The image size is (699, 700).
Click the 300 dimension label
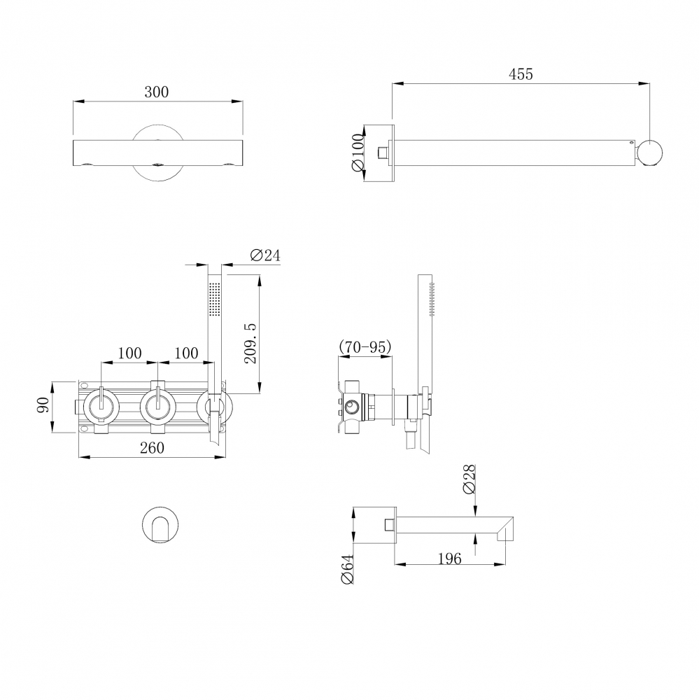(157, 92)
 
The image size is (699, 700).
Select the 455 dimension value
(520, 73)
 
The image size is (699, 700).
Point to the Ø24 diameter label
(264, 255)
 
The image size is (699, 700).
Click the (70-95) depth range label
(365, 346)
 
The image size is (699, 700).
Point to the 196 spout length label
(449, 558)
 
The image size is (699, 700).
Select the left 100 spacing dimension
(129, 353)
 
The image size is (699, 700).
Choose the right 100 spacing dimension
(185, 353)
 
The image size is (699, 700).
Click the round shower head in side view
(651, 153)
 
